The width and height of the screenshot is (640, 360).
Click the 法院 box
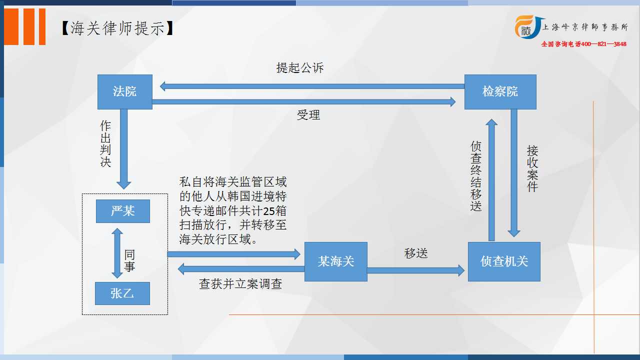(125, 91)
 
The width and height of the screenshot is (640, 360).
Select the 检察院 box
(500, 91)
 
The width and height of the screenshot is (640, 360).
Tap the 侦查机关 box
(504, 261)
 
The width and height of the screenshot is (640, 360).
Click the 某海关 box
(335, 261)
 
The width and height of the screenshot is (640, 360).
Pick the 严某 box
(123, 211)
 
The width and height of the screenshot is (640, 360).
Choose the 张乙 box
(122, 293)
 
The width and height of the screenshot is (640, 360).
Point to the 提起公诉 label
(299, 68)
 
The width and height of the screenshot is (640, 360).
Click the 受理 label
(308, 115)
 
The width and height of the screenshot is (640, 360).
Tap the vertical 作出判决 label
(105, 143)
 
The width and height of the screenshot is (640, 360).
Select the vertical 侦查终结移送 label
(475, 176)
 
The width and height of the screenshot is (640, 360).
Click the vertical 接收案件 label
(532, 168)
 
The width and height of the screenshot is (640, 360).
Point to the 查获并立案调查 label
(240, 284)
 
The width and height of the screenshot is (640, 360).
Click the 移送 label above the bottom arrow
(415, 253)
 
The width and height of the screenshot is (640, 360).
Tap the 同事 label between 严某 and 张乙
(129, 260)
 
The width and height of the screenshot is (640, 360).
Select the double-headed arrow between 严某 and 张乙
(117, 253)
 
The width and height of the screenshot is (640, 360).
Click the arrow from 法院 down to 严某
(123, 149)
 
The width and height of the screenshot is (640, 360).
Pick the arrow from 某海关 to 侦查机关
(415, 270)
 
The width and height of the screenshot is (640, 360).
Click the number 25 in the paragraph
(268, 211)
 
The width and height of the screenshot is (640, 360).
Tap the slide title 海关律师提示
(117, 28)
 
